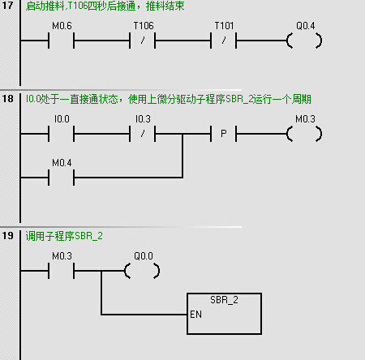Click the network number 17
pos(7,6)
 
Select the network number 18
pos(7,99)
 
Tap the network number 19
pos(7,235)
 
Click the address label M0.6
pos(62,26)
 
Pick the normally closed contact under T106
pos(143,41)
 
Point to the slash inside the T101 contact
pos(224,41)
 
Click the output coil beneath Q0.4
pos(305,41)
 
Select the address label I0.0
pos(62,119)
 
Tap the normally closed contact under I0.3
pos(143,134)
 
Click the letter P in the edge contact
pos(224,134)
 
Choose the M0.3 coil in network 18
pos(305,134)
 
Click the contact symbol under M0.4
pos(62,178)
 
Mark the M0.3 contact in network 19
pos(62,271)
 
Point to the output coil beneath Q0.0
pos(142,271)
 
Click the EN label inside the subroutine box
pos(195,315)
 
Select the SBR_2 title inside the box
pos(224,300)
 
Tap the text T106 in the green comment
pos(77,6)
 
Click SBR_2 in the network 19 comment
pos(88,236)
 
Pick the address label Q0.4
pos(306,26)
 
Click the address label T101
pos(224,26)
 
